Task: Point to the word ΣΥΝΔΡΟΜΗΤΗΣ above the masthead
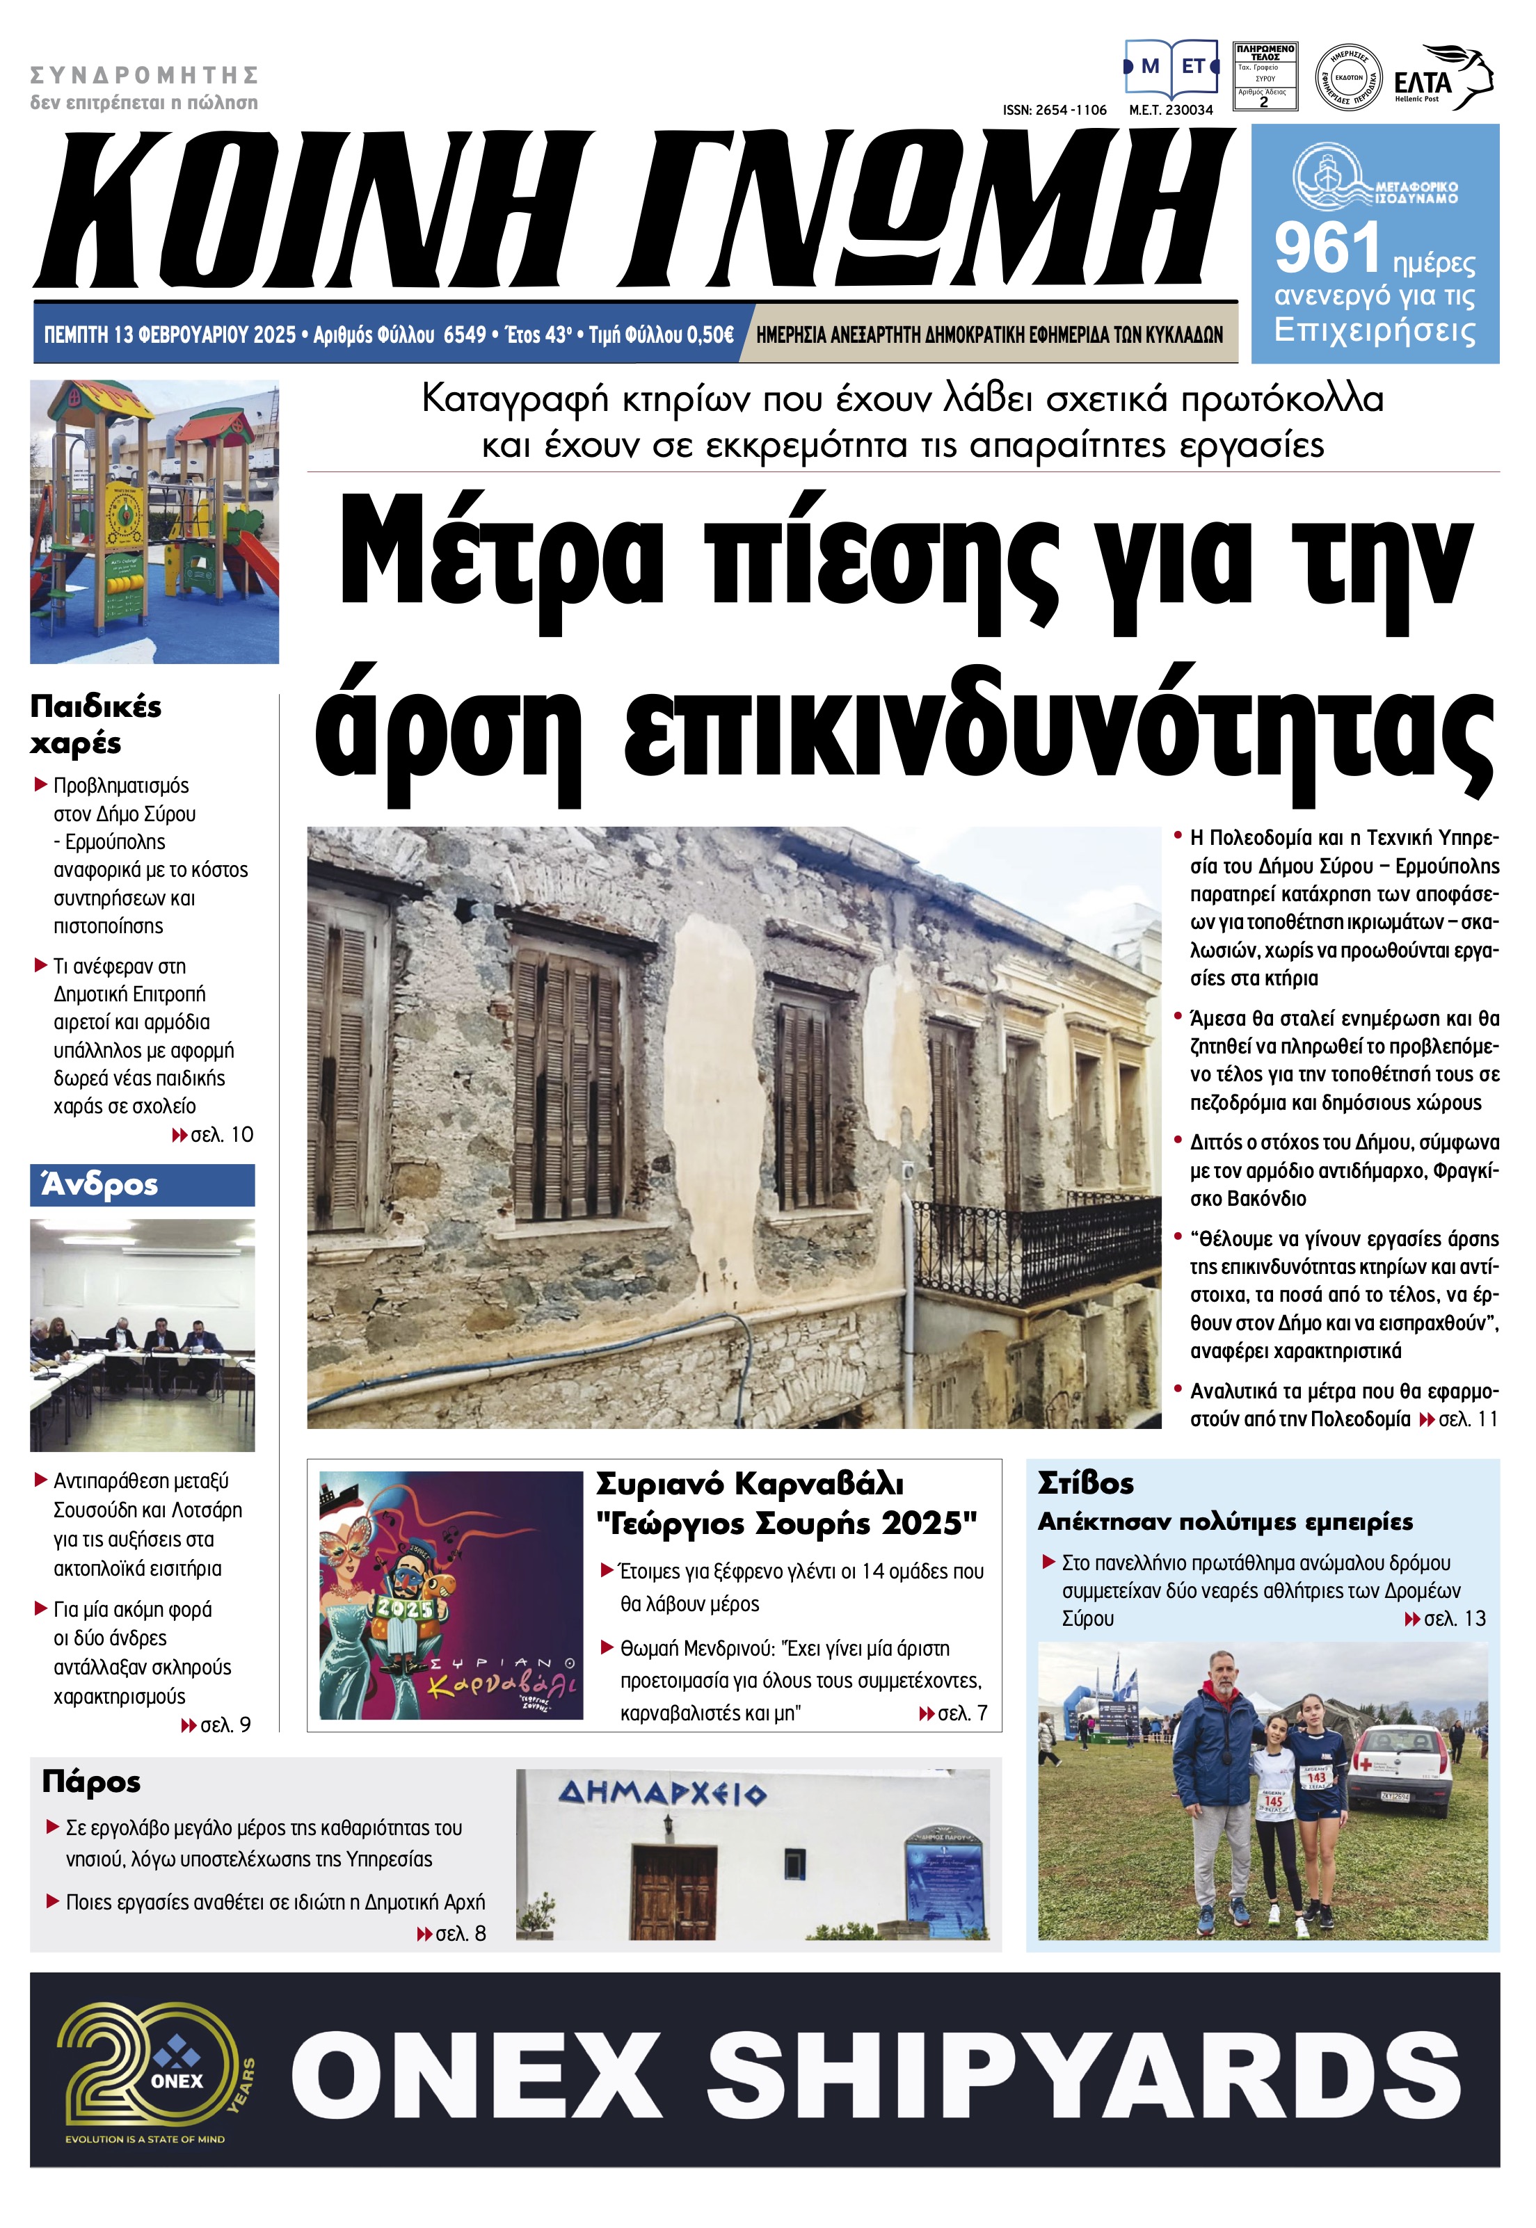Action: pyautogui.click(x=145, y=75)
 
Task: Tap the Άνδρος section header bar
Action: pyautogui.click(x=143, y=1184)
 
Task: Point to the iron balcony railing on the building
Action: pyautogui.click(x=1039, y=1246)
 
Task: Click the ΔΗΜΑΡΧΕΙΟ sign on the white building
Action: pyautogui.click(x=662, y=1793)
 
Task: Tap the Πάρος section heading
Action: pyautogui.click(x=91, y=1782)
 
